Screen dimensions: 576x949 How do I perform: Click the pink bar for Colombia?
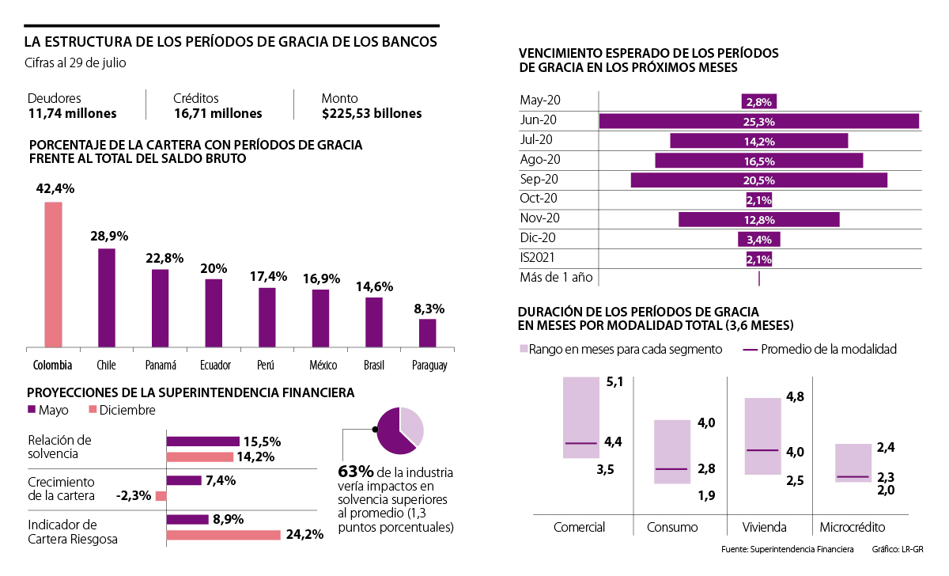[53, 274]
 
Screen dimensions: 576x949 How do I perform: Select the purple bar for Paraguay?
[428, 332]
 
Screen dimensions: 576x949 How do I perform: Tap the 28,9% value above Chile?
[107, 236]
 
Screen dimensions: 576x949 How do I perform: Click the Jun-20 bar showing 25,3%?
[758, 121]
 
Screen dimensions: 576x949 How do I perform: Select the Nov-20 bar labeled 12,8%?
[758, 219]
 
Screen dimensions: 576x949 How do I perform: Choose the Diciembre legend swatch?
[92, 410]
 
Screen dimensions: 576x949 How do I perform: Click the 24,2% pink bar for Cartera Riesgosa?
[223, 535]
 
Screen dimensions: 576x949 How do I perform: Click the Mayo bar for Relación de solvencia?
[202, 441]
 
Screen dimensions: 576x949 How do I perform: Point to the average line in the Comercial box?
[581, 443]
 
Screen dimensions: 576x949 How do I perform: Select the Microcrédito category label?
[853, 528]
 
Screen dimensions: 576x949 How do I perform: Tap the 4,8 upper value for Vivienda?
[795, 397]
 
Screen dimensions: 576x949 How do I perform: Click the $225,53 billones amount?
[371, 114]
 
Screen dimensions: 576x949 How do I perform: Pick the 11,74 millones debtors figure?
[72, 114]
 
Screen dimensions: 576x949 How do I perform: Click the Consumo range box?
[672, 451]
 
